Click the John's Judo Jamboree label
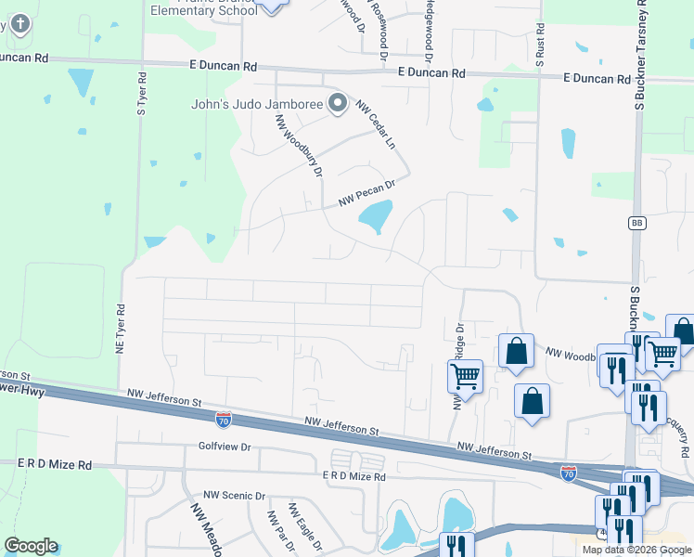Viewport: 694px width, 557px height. (x=256, y=103)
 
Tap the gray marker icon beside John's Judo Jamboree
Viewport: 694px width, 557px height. (x=339, y=103)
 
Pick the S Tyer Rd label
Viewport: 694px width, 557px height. (x=142, y=94)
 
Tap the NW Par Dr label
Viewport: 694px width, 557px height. (x=275, y=532)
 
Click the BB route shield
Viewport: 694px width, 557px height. (x=636, y=223)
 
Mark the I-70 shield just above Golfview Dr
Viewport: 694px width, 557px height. (x=224, y=421)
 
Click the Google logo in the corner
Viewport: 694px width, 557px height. (x=31, y=546)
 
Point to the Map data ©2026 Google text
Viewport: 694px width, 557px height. (x=636, y=550)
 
